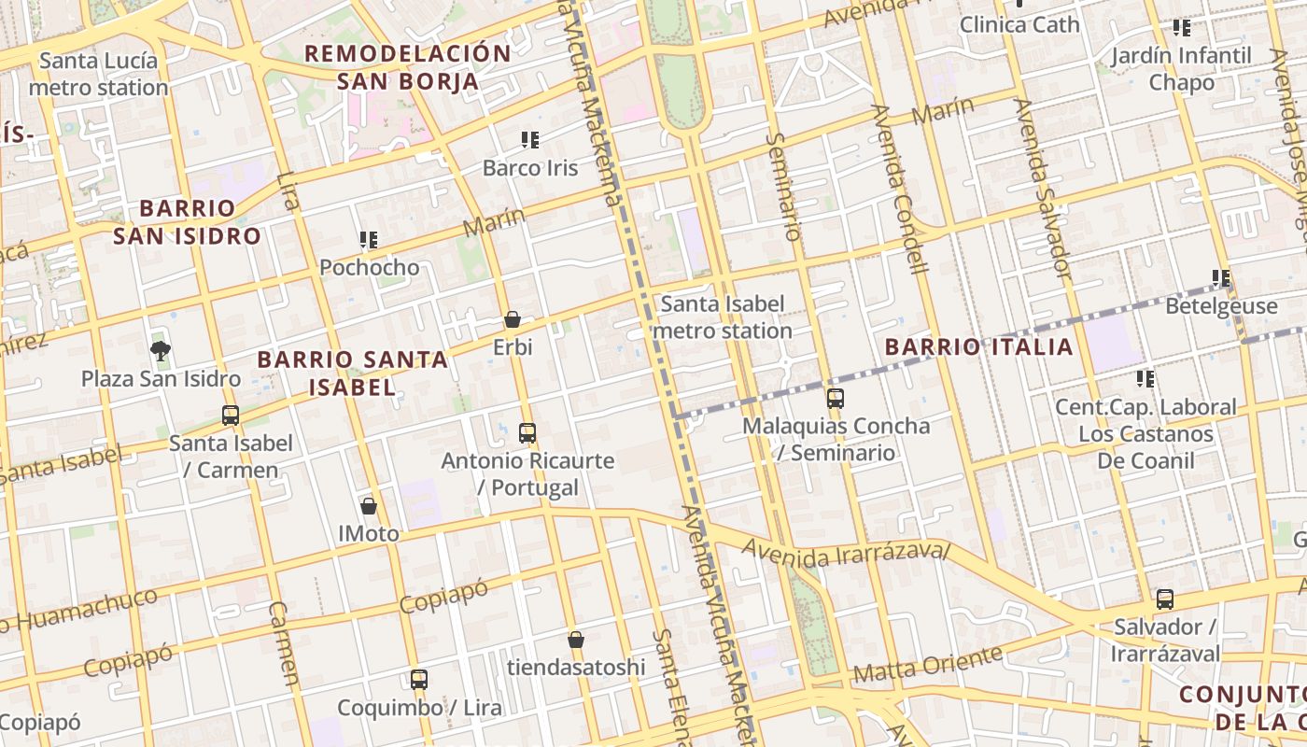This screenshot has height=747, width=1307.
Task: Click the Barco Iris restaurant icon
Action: (530, 140)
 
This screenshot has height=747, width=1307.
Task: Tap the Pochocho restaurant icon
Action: (369, 240)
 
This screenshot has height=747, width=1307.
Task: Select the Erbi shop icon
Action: (513, 319)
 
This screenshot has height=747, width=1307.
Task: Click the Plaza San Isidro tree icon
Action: (161, 351)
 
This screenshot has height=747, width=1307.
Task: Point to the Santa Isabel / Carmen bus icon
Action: (231, 416)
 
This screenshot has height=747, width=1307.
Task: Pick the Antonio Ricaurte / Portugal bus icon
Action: (527, 432)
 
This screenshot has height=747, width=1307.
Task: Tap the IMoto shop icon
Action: (369, 506)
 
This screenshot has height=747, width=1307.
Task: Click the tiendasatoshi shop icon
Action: (576, 640)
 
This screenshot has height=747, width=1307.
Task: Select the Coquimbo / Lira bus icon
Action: (419, 680)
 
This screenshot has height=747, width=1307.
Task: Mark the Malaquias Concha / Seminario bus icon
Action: (836, 399)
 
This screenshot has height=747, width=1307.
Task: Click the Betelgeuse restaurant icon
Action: (1221, 278)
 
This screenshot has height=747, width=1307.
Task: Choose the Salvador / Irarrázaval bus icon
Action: (1165, 599)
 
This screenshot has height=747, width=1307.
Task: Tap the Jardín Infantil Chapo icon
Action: (1182, 28)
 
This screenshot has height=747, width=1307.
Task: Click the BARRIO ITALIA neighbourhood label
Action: (978, 347)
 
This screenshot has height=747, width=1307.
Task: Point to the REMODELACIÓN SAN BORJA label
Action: (408, 67)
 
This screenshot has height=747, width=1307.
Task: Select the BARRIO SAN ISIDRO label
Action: (187, 222)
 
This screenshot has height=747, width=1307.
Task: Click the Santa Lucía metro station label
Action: (98, 75)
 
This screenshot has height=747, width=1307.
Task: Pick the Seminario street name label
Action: (783, 186)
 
